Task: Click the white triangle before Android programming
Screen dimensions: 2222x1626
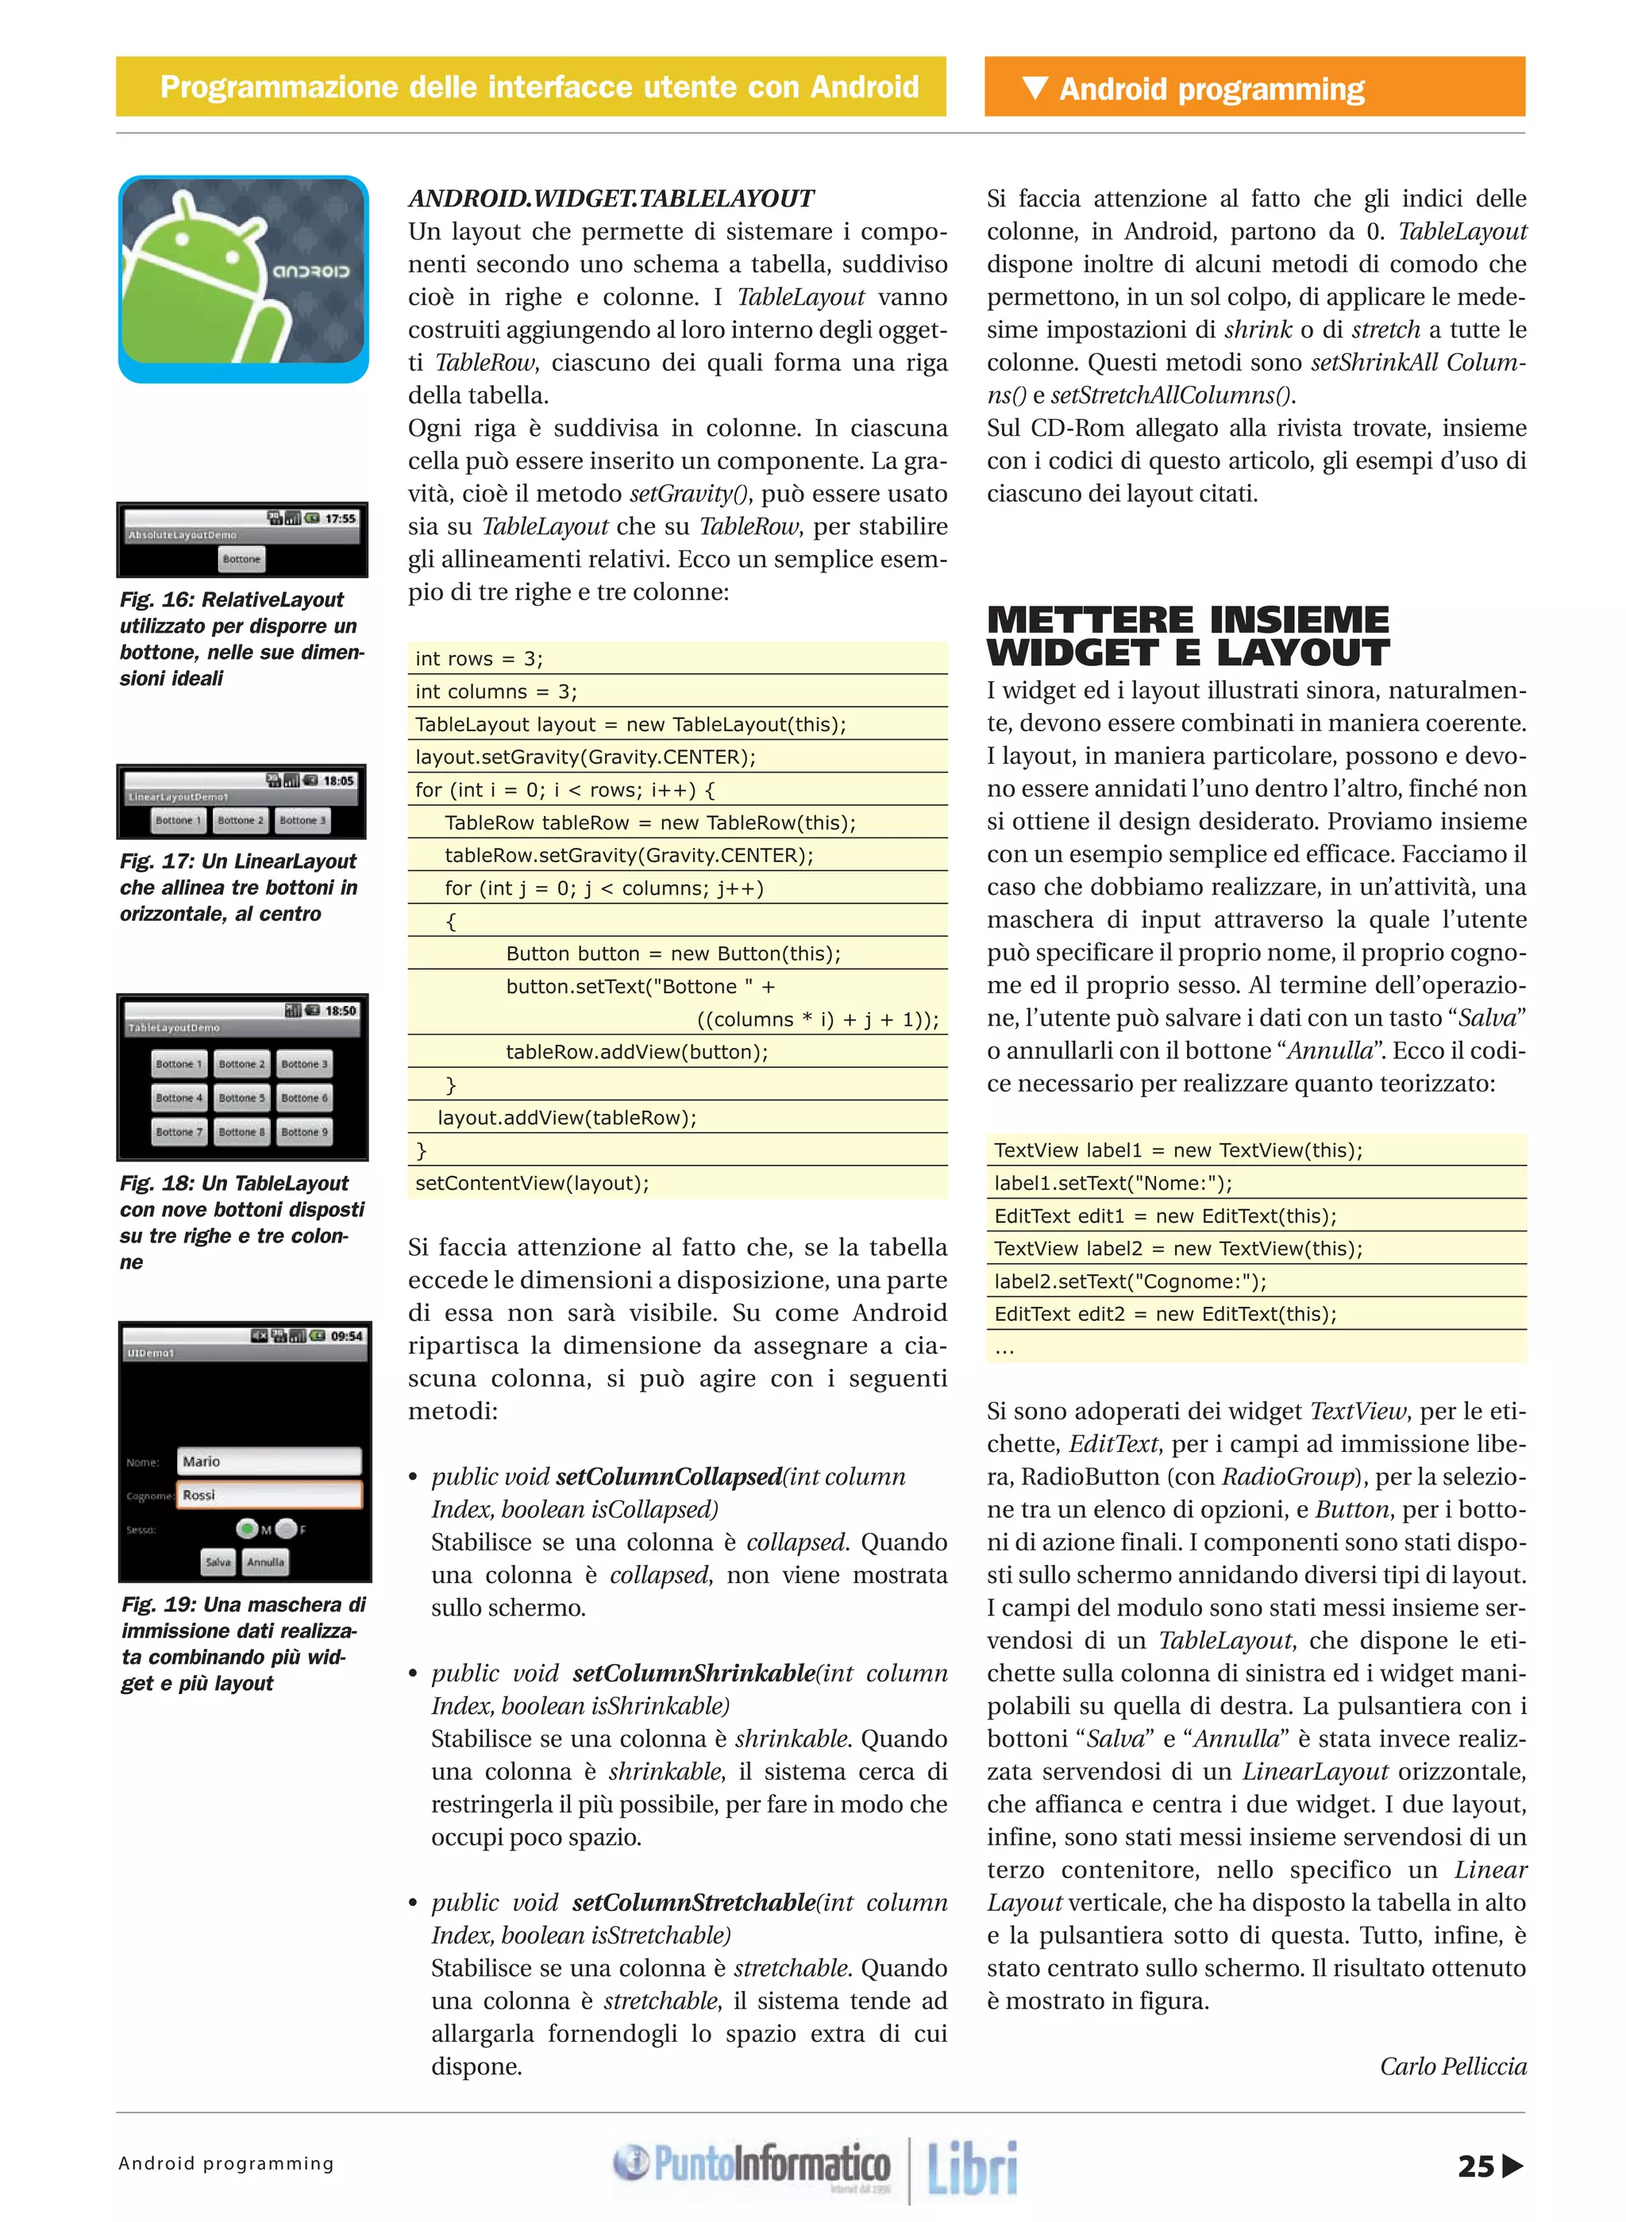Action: [1035, 87]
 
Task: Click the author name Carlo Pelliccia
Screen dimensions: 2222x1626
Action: [1453, 2066]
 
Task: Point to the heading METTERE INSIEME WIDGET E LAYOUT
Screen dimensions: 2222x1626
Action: [1188, 636]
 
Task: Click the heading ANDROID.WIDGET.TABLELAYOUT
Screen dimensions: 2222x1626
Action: [611, 198]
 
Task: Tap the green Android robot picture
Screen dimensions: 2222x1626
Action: [243, 279]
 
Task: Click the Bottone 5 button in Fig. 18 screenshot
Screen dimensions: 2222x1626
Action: [241, 1097]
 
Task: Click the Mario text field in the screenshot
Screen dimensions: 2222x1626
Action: [268, 1461]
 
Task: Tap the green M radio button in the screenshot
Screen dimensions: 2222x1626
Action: [246, 1528]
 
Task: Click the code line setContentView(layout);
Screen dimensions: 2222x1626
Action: [533, 1183]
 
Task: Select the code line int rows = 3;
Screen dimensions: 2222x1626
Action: [480, 658]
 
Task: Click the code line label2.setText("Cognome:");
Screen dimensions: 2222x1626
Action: [1130, 1281]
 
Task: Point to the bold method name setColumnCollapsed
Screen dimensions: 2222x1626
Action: [669, 1476]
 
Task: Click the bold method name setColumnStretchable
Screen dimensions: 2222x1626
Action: [693, 1902]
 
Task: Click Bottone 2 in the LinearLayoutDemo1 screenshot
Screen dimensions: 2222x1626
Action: [240, 820]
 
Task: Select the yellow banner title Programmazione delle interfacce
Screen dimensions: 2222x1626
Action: [539, 87]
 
